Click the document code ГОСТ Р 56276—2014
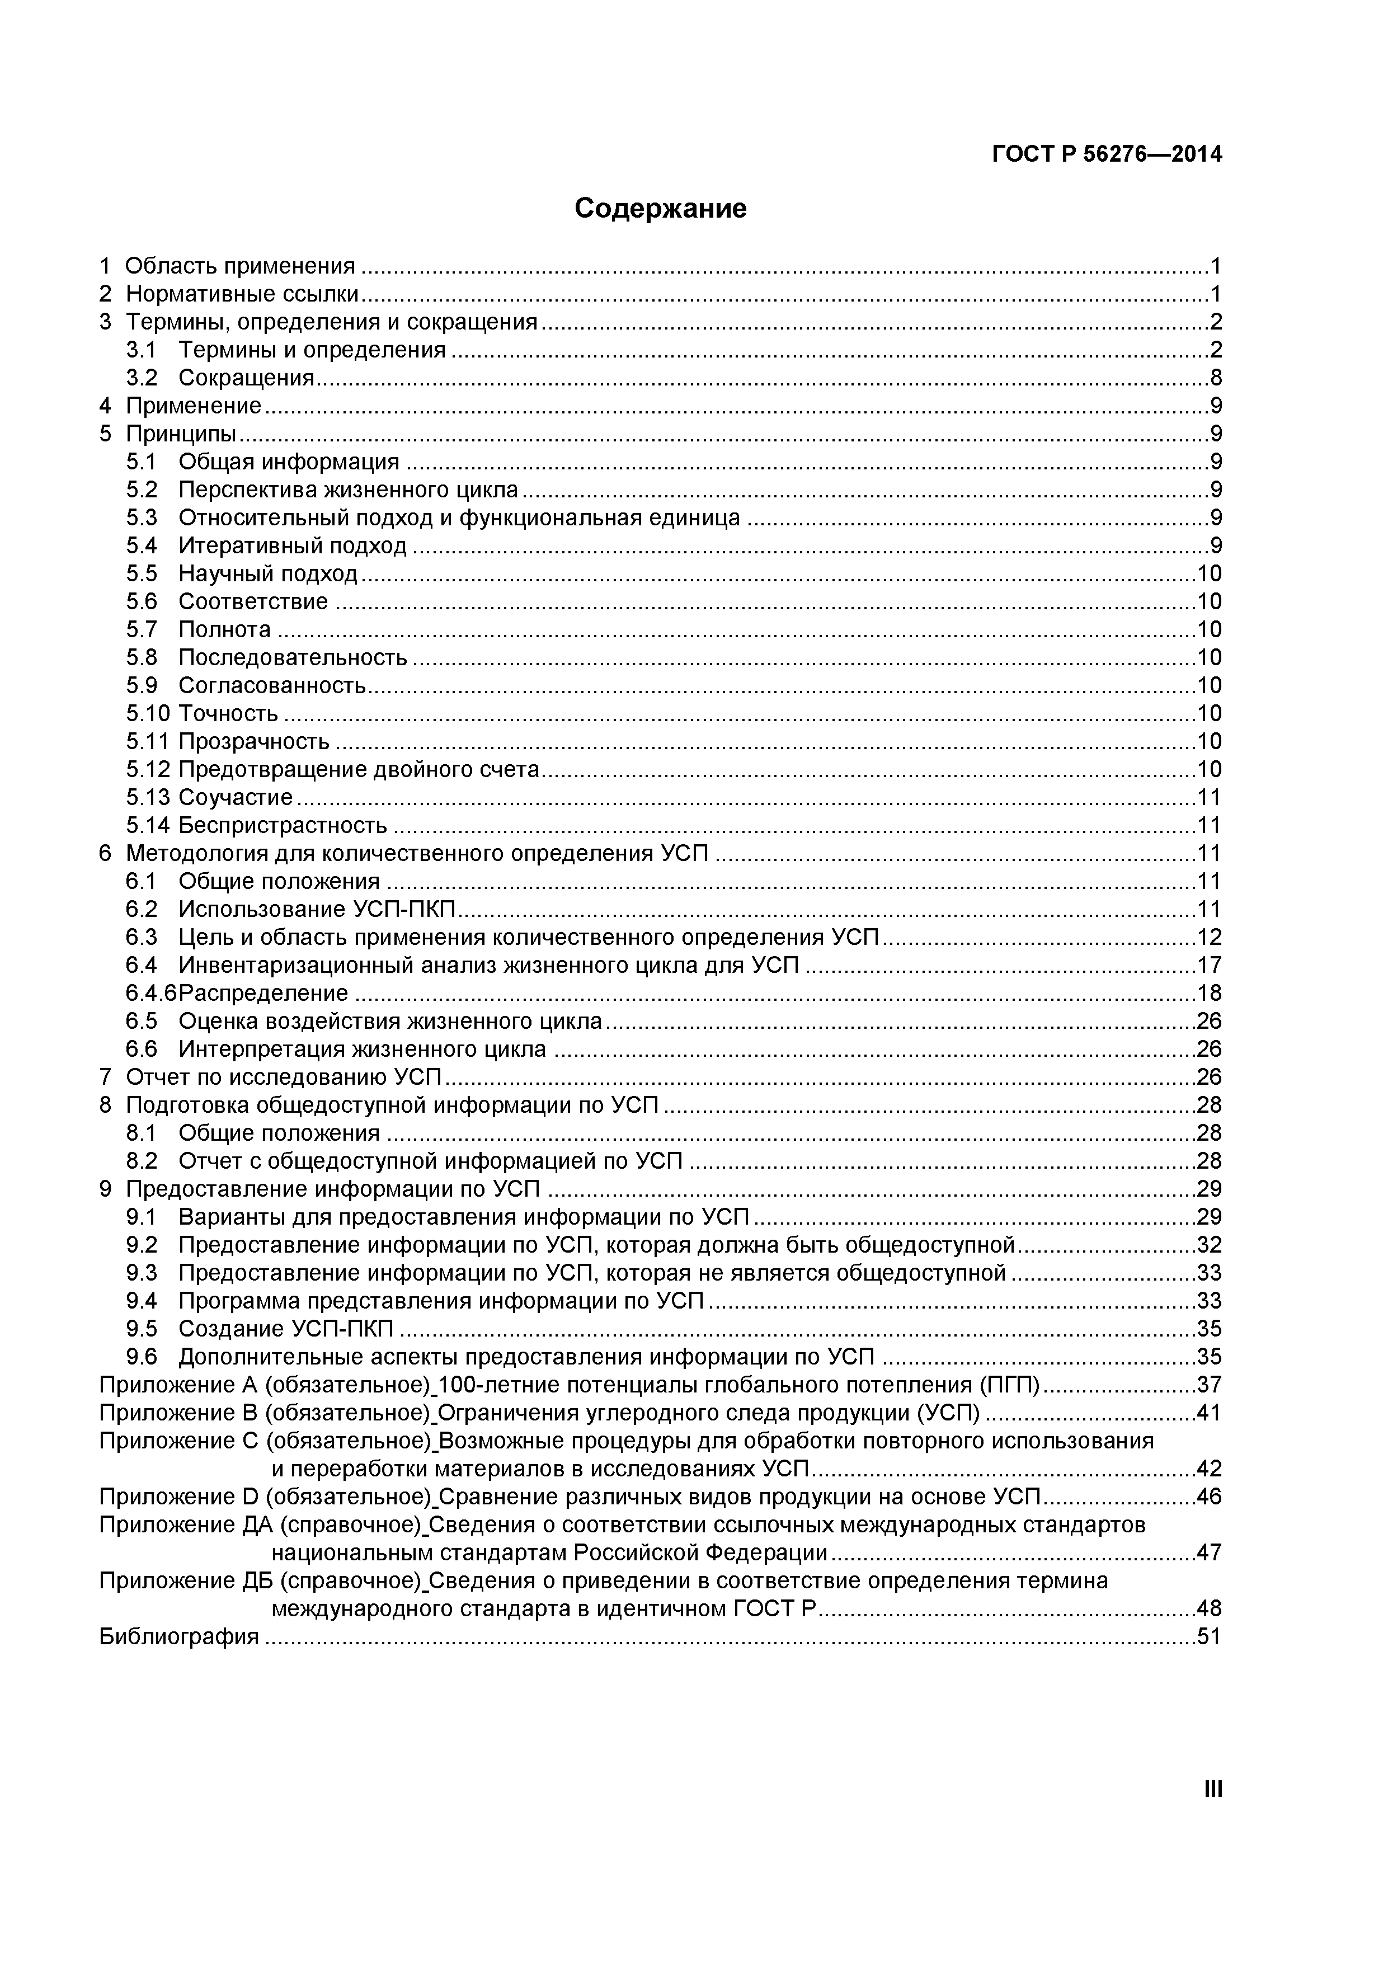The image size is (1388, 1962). click(x=1107, y=154)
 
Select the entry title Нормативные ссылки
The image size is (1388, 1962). click(x=242, y=294)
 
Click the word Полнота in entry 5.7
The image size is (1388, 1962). click(x=224, y=630)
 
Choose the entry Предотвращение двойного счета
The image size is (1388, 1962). click(x=359, y=770)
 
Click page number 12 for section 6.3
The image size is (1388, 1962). click(x=1210, y=938)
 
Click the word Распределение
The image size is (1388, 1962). click(x=264, y=993)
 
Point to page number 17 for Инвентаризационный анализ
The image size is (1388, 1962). click(x=1210, y=966)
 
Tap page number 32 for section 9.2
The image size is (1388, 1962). click(x=1210, y=1245)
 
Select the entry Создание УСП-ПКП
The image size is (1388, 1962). click(x=286, y=1329)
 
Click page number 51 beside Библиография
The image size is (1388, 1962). click(x=1210, y=1636)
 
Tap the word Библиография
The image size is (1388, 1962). click(x=178, y=1636)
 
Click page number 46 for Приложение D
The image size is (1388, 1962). click(x=1210, y=1497)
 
